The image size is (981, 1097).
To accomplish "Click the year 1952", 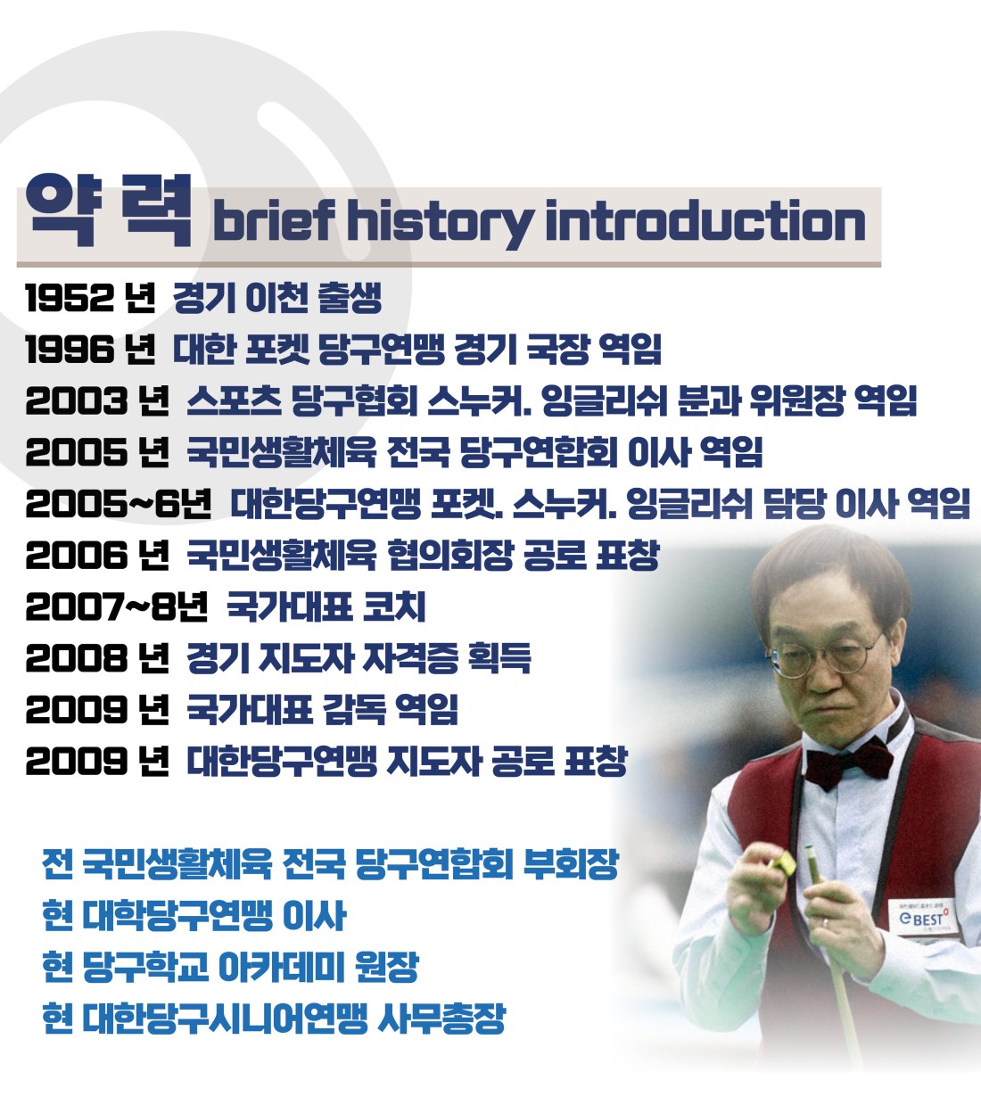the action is tap(70, 298).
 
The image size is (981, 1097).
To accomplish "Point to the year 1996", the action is tap(70, 350).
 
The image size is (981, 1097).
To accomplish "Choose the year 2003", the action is tap(76, 400).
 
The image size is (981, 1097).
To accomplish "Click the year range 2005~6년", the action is tap(118, 504).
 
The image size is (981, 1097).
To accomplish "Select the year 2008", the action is tap(76, 658).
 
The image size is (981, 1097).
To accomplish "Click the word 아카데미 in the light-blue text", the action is tap(281, 967).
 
